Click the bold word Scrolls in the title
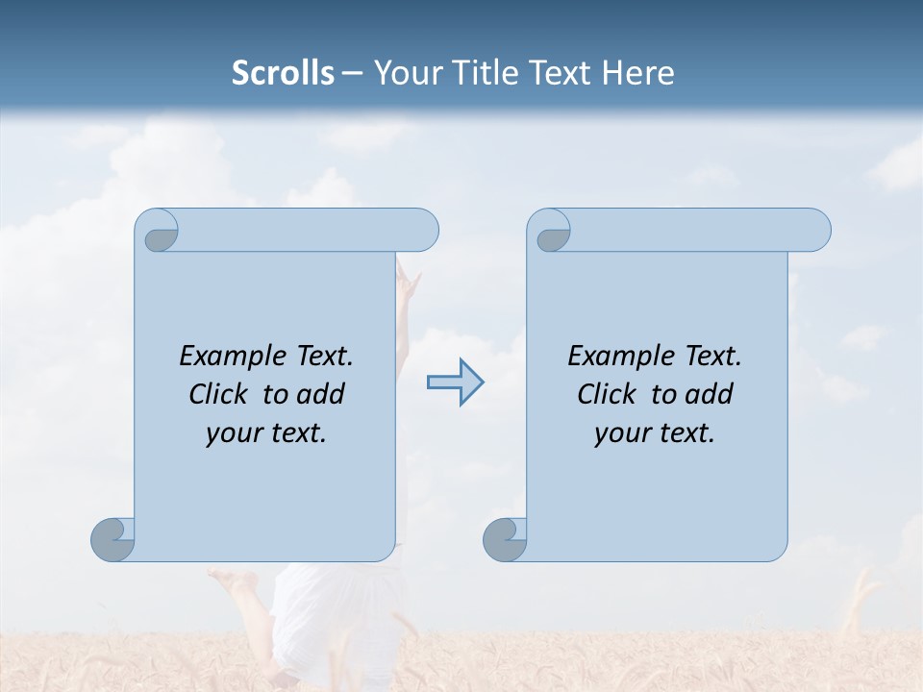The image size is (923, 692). pyautogui.click(x=283, y=73)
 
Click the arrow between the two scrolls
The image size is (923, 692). pyautogui.click(x=455, y=383)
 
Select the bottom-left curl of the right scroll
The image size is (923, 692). pyautogui.click(x=505, y=539)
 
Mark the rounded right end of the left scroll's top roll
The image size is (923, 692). pyautogui.click(x=423, y=231)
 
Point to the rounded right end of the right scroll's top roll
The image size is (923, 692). pyautogui.click(x=815, y=231)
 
